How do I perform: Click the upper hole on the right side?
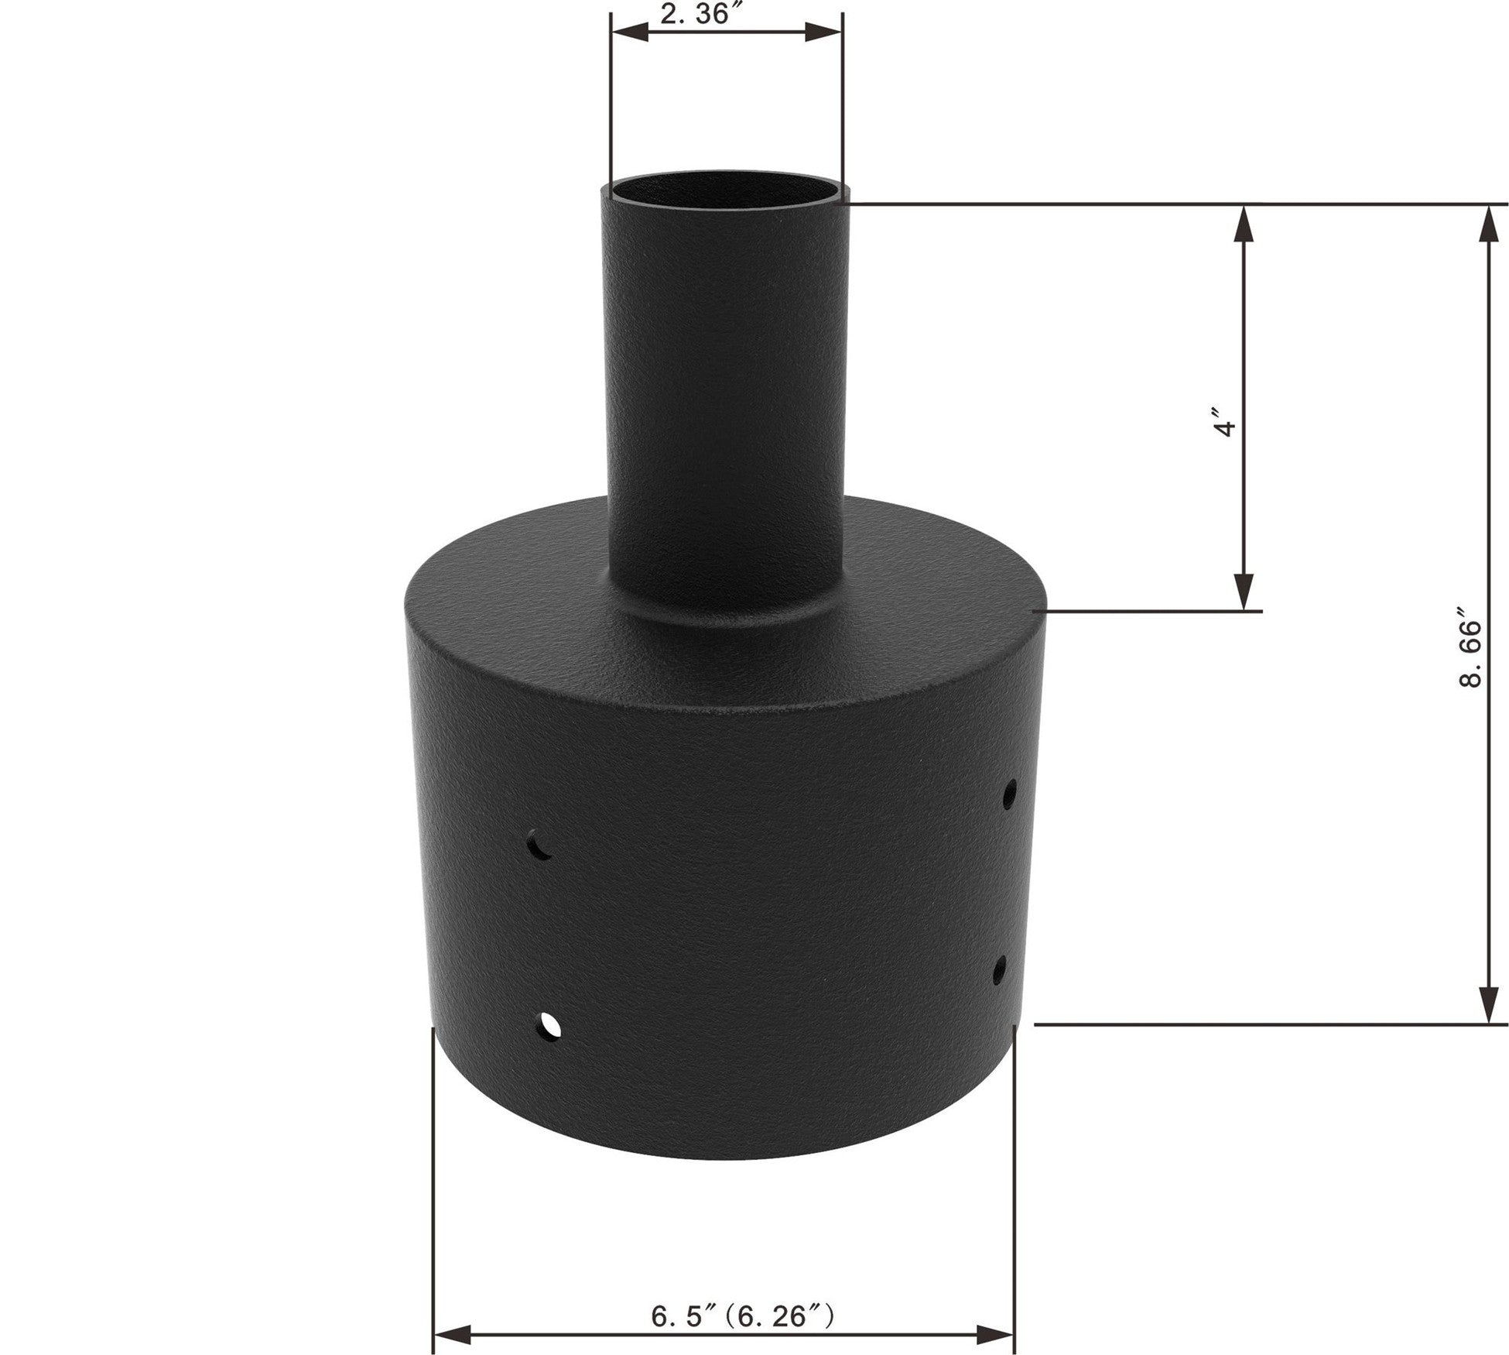click(x=1009, y=794)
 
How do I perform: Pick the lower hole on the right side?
click(x=1001, y=969)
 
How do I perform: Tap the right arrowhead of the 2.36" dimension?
click(x=823, y=32)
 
